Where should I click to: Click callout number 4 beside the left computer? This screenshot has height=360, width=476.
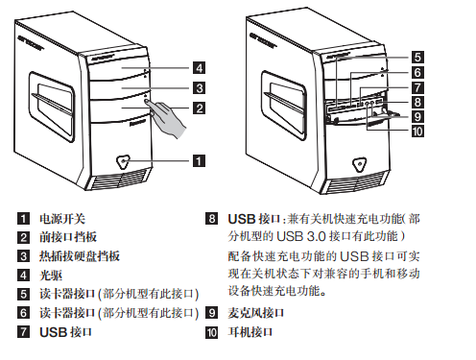click(199, 68)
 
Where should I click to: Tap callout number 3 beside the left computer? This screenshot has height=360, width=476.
click(199, 87)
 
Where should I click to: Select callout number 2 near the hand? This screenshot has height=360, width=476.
click(199, 108)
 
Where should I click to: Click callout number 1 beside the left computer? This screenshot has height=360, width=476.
click(199, 160)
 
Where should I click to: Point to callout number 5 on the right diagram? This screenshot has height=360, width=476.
click(417, 58)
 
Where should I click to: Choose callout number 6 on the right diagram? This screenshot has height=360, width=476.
click(417, 72)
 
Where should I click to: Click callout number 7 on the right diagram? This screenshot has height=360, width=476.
click(417, 87)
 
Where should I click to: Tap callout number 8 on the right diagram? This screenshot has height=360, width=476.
click(417, 102)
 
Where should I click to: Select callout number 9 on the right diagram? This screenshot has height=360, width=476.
click(417, 117)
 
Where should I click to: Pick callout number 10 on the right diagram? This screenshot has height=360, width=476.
click(417, 132)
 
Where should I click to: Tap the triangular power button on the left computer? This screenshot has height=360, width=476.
click(123, 161)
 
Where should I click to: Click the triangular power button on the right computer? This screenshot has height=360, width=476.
click(360, 164)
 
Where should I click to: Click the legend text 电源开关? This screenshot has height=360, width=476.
click(62, 219)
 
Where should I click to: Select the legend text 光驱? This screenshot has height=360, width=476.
click(51, 276)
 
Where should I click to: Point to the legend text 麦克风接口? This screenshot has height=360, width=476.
click(256, 313)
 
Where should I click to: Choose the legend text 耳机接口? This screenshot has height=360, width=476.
click(250, 332)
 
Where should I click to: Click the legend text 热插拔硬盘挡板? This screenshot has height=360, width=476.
click(80, 256)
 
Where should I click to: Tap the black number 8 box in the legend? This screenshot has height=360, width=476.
click(211, 219)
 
